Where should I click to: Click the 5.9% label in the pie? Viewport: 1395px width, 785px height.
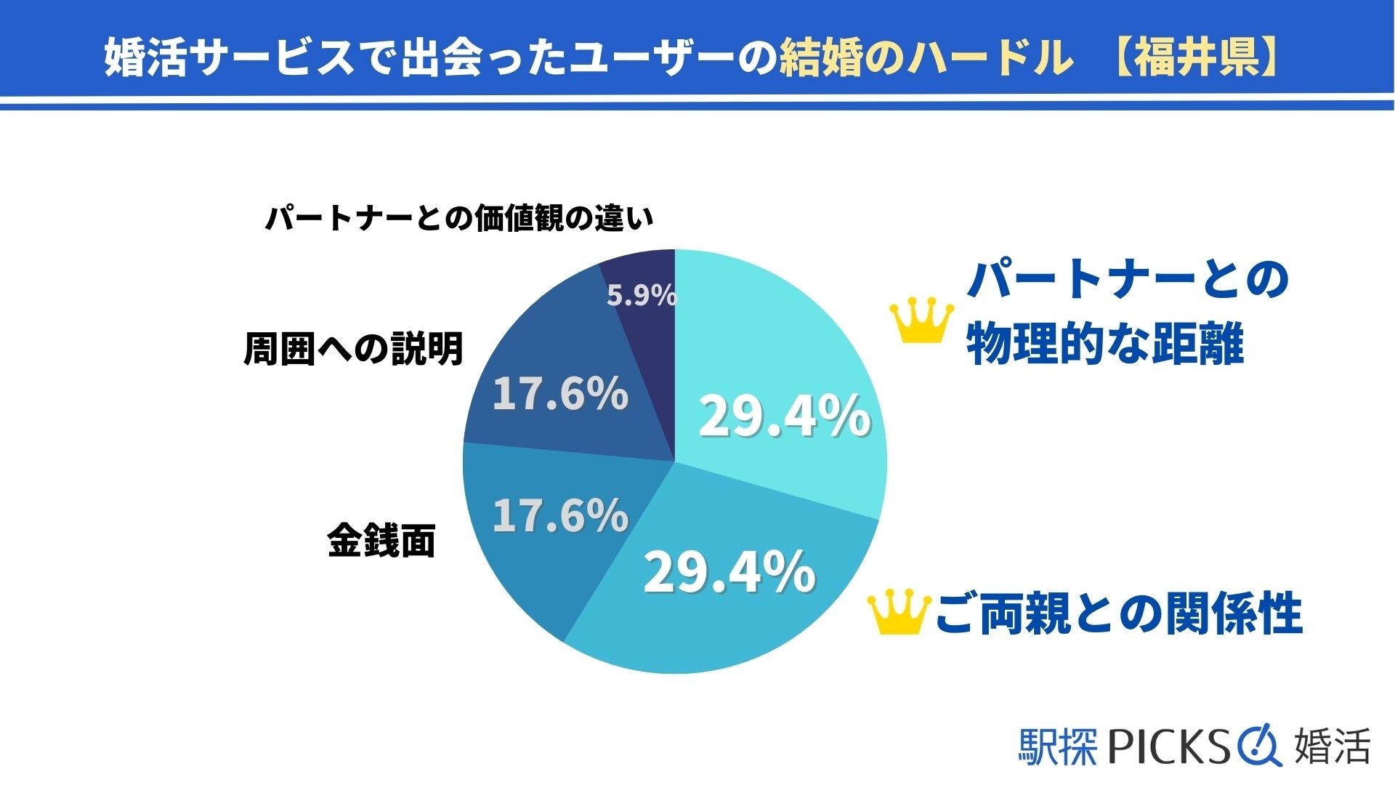642,296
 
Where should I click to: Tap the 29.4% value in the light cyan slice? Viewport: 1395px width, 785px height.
784,416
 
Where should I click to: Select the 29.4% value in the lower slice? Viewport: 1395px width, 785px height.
729,572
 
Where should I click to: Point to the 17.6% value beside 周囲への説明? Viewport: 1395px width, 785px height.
560,394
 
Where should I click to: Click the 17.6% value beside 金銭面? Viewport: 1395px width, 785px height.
560,515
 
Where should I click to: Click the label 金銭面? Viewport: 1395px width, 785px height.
381,542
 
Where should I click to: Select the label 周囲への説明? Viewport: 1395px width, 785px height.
353,350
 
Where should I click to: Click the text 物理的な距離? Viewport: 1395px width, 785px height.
1104,344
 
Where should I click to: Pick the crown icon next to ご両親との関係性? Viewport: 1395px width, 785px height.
899,612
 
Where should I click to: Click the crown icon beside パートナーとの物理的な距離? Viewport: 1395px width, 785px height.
921,322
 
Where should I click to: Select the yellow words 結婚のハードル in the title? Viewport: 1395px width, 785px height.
926,57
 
